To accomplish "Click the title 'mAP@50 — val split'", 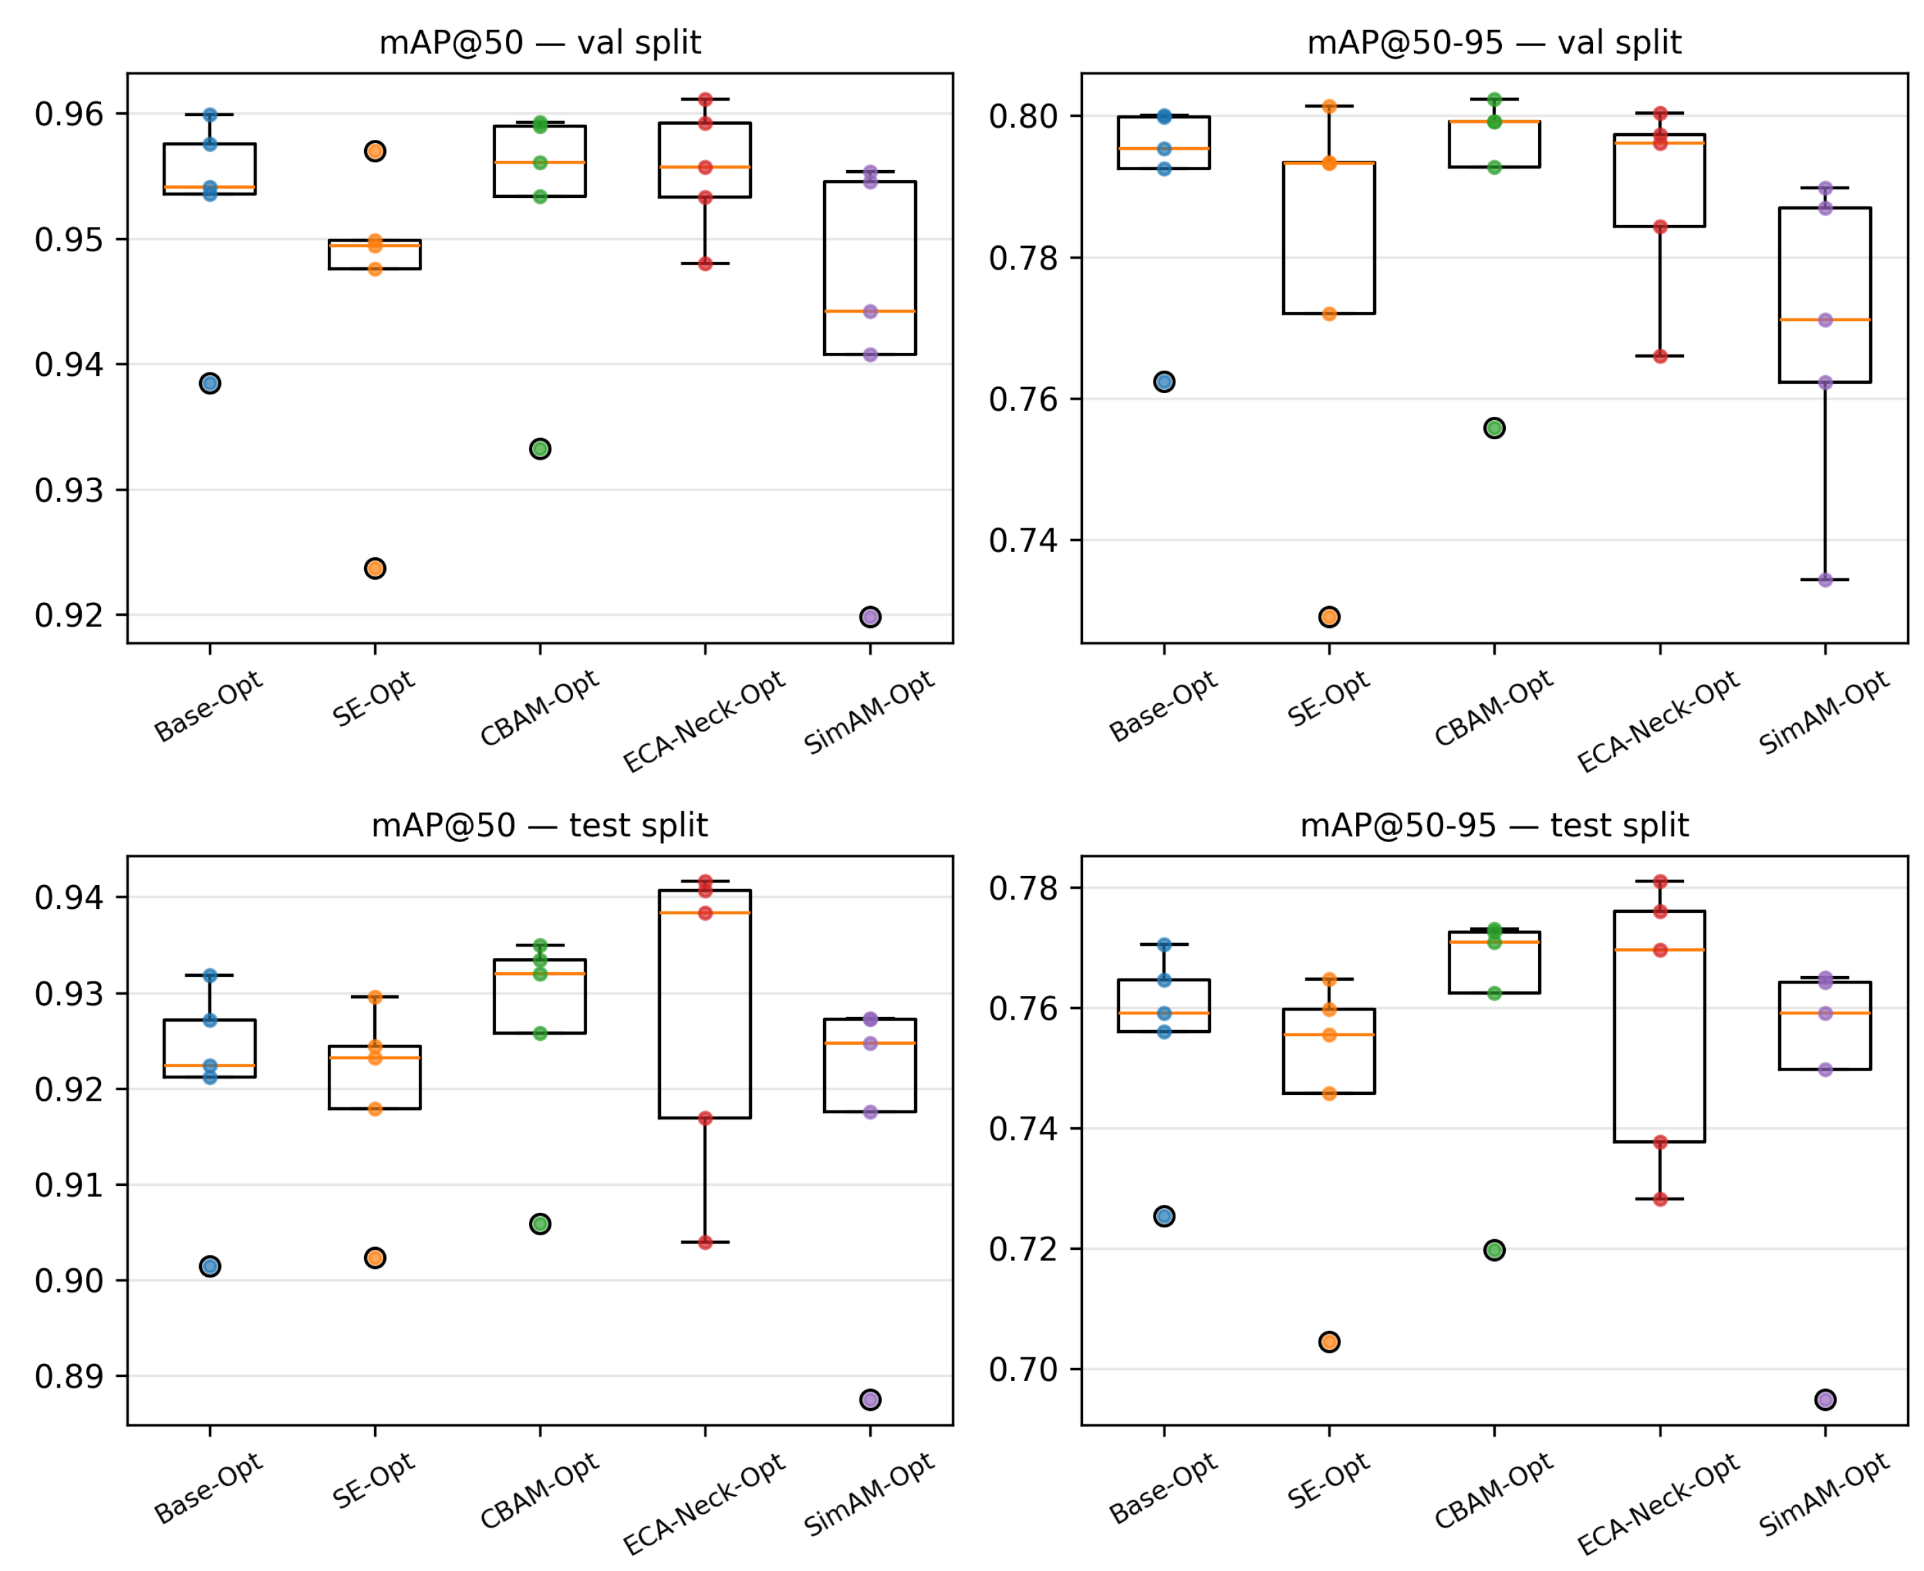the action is tap(540, 42).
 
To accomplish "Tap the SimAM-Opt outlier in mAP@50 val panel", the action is tap(871, 617).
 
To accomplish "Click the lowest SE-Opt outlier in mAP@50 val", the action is tap(375, 569).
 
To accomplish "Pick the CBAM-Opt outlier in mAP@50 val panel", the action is tap(540, 449).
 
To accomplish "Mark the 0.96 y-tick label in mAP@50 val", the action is tap(69, 115).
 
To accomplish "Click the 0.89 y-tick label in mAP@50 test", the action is tap(69, 1376).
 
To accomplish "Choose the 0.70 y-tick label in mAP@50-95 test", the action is tap(1024, 1370).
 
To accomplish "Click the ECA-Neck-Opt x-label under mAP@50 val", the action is tap(704, 722).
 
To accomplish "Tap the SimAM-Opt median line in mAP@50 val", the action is tap(871, 311).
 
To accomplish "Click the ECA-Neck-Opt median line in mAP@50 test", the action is tap(705, 913).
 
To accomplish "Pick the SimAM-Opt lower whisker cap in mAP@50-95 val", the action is tap(1825, 580).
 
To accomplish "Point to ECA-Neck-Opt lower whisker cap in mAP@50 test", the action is tap(705, 1243).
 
